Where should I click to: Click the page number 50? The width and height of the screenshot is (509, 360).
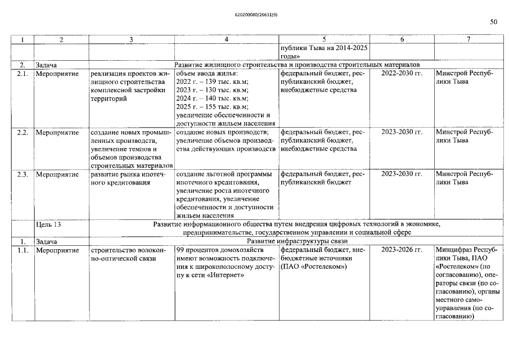[493, 22]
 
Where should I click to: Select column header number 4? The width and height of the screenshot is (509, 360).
[226, 39]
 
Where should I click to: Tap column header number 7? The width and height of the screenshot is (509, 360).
[468, 39]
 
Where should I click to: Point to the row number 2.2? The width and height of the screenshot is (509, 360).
[22, 132]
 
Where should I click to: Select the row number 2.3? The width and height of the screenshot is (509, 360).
[22, 174]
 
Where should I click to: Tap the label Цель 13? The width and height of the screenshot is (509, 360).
[48, 224]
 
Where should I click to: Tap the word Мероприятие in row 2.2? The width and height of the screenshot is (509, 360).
[57, 132]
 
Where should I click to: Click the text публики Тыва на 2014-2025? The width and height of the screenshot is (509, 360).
[323, 48]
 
